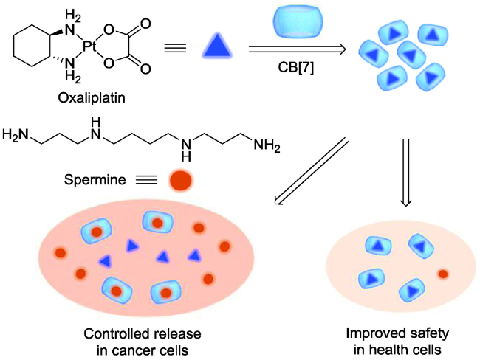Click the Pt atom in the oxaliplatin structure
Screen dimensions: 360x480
90,46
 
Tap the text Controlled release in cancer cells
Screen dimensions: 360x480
142,338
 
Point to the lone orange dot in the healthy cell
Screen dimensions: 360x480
443,274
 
